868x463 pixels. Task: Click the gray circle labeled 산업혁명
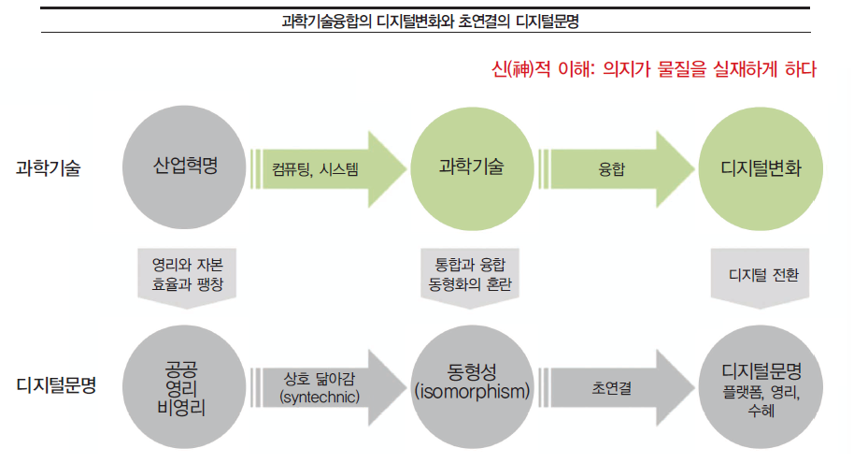tap(185, 168)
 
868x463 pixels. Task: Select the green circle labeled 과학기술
tap(473, 168)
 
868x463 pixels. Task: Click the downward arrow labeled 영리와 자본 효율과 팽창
tap(186, 273)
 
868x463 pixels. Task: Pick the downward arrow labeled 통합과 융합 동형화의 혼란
tap(471, 273)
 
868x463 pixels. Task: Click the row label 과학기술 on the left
tap(49, 169)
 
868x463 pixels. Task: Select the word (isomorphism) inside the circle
tap(472, 391)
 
